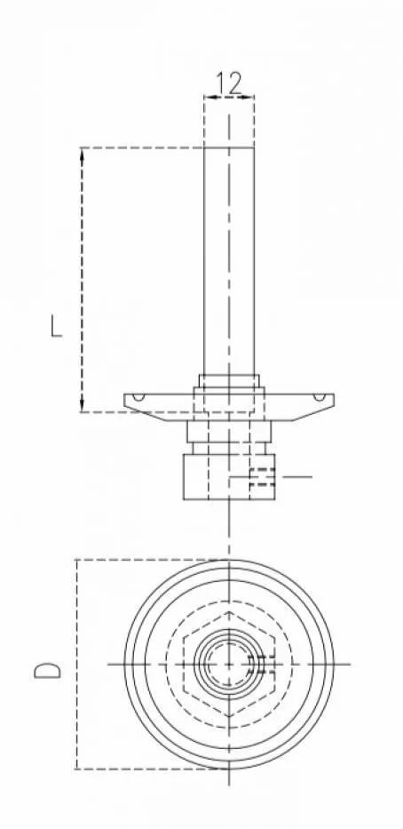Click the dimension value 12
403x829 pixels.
pos(228,84)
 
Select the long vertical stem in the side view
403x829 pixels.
pos(229,258)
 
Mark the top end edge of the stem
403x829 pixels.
pos(229,147)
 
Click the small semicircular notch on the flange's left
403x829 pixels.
pos(138,396)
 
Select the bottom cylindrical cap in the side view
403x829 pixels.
pos(228,476)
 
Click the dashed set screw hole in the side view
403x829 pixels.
pos(261,477)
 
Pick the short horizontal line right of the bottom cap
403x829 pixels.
pos(296,477)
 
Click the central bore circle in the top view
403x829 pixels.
pos(228,663)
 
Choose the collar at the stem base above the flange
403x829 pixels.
pos(229,382)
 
